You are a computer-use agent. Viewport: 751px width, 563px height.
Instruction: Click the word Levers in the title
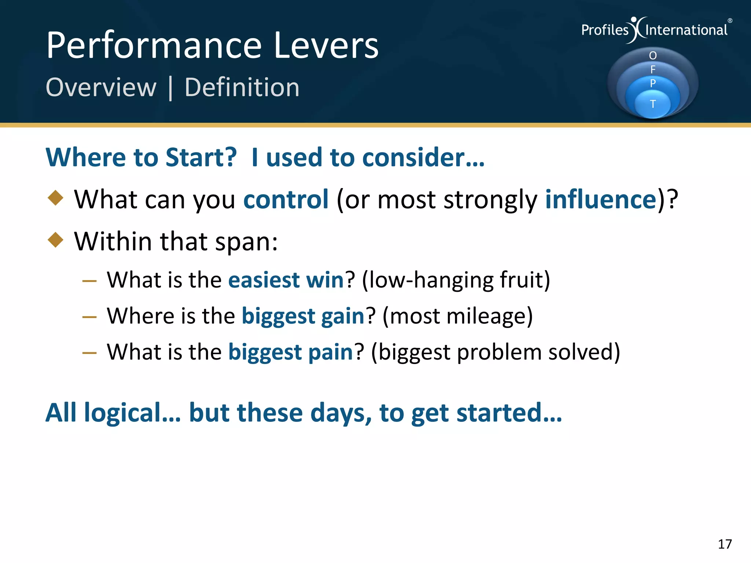[x=326, y=45]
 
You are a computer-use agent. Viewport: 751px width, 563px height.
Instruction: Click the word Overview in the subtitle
[x=101, y=88]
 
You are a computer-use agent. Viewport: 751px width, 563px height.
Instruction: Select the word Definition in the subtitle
[x=242, y=88]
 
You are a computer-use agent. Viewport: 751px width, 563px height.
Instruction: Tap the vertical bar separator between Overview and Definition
[x=171, y=88]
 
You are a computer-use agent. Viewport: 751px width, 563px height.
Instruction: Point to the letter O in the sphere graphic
[x=653, y=56]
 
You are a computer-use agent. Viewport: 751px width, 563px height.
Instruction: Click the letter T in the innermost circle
[x=653, y=104]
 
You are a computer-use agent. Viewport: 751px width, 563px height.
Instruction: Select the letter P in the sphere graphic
[x=653, y=83]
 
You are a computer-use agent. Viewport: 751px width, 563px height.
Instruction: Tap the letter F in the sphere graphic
[x=653, y=69]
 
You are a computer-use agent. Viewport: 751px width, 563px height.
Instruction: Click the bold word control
[x=286, y=200]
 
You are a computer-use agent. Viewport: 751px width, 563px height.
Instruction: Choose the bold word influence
[x=601, y=200]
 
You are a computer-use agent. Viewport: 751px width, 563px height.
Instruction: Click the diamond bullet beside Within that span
[x=56, y=240]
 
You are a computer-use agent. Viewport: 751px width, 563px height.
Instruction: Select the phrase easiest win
[x=286, y=280]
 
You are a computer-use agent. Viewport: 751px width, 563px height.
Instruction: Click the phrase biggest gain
[x=303, y=316]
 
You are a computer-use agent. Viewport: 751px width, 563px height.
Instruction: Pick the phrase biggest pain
[x=290, y=352]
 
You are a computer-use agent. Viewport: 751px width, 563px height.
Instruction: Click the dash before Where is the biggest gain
[x=89, y=317]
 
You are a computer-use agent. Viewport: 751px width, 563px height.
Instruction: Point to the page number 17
[x=725, y=544]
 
